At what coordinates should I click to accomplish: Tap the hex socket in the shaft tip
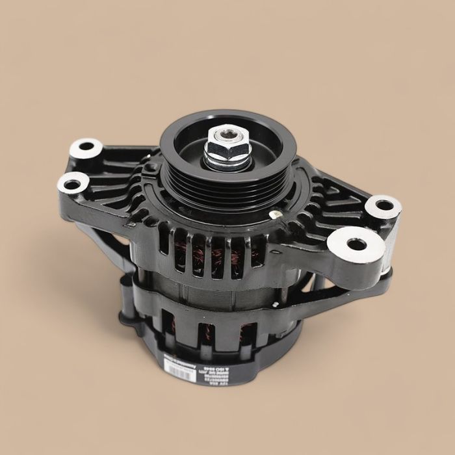(x=227, y=135)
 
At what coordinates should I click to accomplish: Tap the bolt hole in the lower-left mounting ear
(x=71, y=184)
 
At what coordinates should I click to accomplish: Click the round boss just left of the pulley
(x=151, y=167)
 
